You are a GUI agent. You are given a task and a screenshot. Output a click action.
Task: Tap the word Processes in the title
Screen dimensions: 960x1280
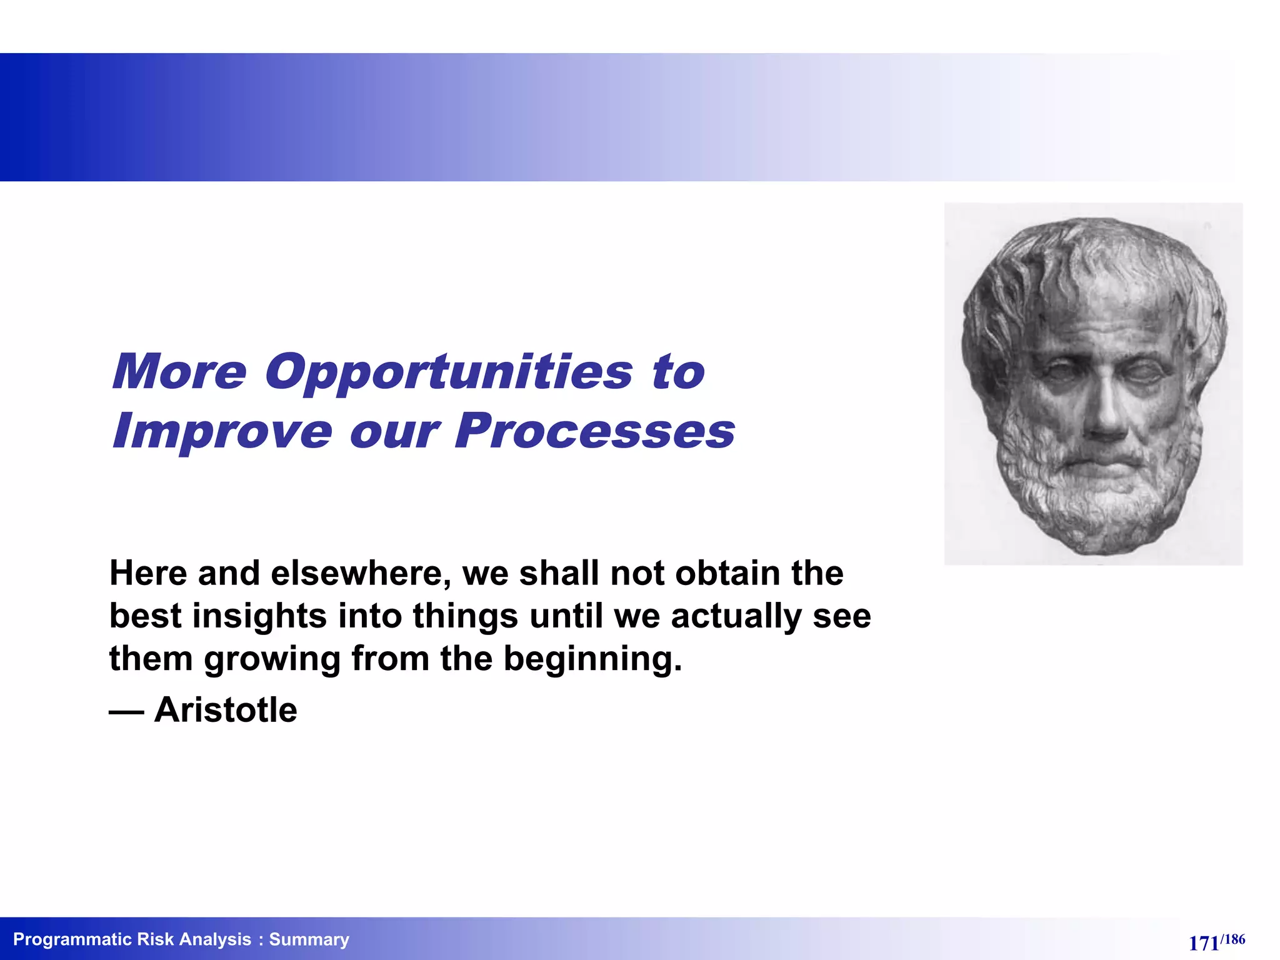[x=594, y=431]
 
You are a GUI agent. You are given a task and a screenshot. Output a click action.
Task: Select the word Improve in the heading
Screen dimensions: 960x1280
[x=222, y=431]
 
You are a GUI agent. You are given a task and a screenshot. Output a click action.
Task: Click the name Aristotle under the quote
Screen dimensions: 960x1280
[x=226, y=710]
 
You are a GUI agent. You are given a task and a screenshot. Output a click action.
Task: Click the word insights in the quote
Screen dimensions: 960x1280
[x=259, y=616]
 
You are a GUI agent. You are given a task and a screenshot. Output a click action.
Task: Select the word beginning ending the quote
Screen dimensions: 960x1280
[x=592, y=659]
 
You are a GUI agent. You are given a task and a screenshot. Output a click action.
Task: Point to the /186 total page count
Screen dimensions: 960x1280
[x=1232, y=939]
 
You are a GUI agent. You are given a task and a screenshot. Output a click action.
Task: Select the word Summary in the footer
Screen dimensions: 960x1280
[x=309, y=939]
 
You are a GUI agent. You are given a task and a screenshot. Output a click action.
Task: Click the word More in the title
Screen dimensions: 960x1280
[x=180, y=372]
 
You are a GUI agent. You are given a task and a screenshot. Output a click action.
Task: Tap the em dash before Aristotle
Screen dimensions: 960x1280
[x=126, y=711]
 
